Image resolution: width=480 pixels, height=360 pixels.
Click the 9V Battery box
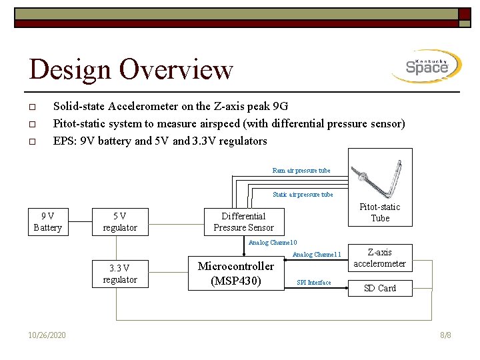pyautogui.click(x=47, y=221)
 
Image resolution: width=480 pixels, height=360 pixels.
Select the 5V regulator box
pyautogui.click(x=120, y=221)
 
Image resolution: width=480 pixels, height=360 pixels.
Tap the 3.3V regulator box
pyautogui.click(x=120, y=273)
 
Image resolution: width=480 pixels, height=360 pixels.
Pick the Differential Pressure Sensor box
pyautogui.click(x=243, y=221)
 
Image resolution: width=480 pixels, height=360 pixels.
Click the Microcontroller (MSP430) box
pyautogui.click(x=236, y=273)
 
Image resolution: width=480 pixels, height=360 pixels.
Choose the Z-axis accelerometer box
pyautogui.click(x=379, y=258)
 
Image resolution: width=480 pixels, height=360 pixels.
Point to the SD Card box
pyautogui.click(x=379, y=288)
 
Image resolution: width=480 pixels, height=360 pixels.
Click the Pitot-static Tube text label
pyautogui.click(x=380, y=213)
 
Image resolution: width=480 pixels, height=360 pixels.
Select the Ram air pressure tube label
pyautogui.click(x=301, y=171)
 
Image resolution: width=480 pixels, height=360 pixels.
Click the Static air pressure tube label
pyautogui.click(x=303, y=195)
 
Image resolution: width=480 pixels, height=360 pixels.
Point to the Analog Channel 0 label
pyautogui.click(x=272, y=243)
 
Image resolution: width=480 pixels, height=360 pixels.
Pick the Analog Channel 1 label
pyautogui.click(x=317, y=255)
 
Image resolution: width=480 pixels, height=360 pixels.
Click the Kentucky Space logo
pyautogui.click(x=427, y=67)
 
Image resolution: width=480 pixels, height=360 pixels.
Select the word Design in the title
pyautogui.click(x=70, y=69)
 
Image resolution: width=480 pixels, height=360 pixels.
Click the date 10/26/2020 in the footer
pyautogui.click(x=47, y=335)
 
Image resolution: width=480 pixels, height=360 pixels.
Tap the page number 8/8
pyautogui.click(x=445, y=335)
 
